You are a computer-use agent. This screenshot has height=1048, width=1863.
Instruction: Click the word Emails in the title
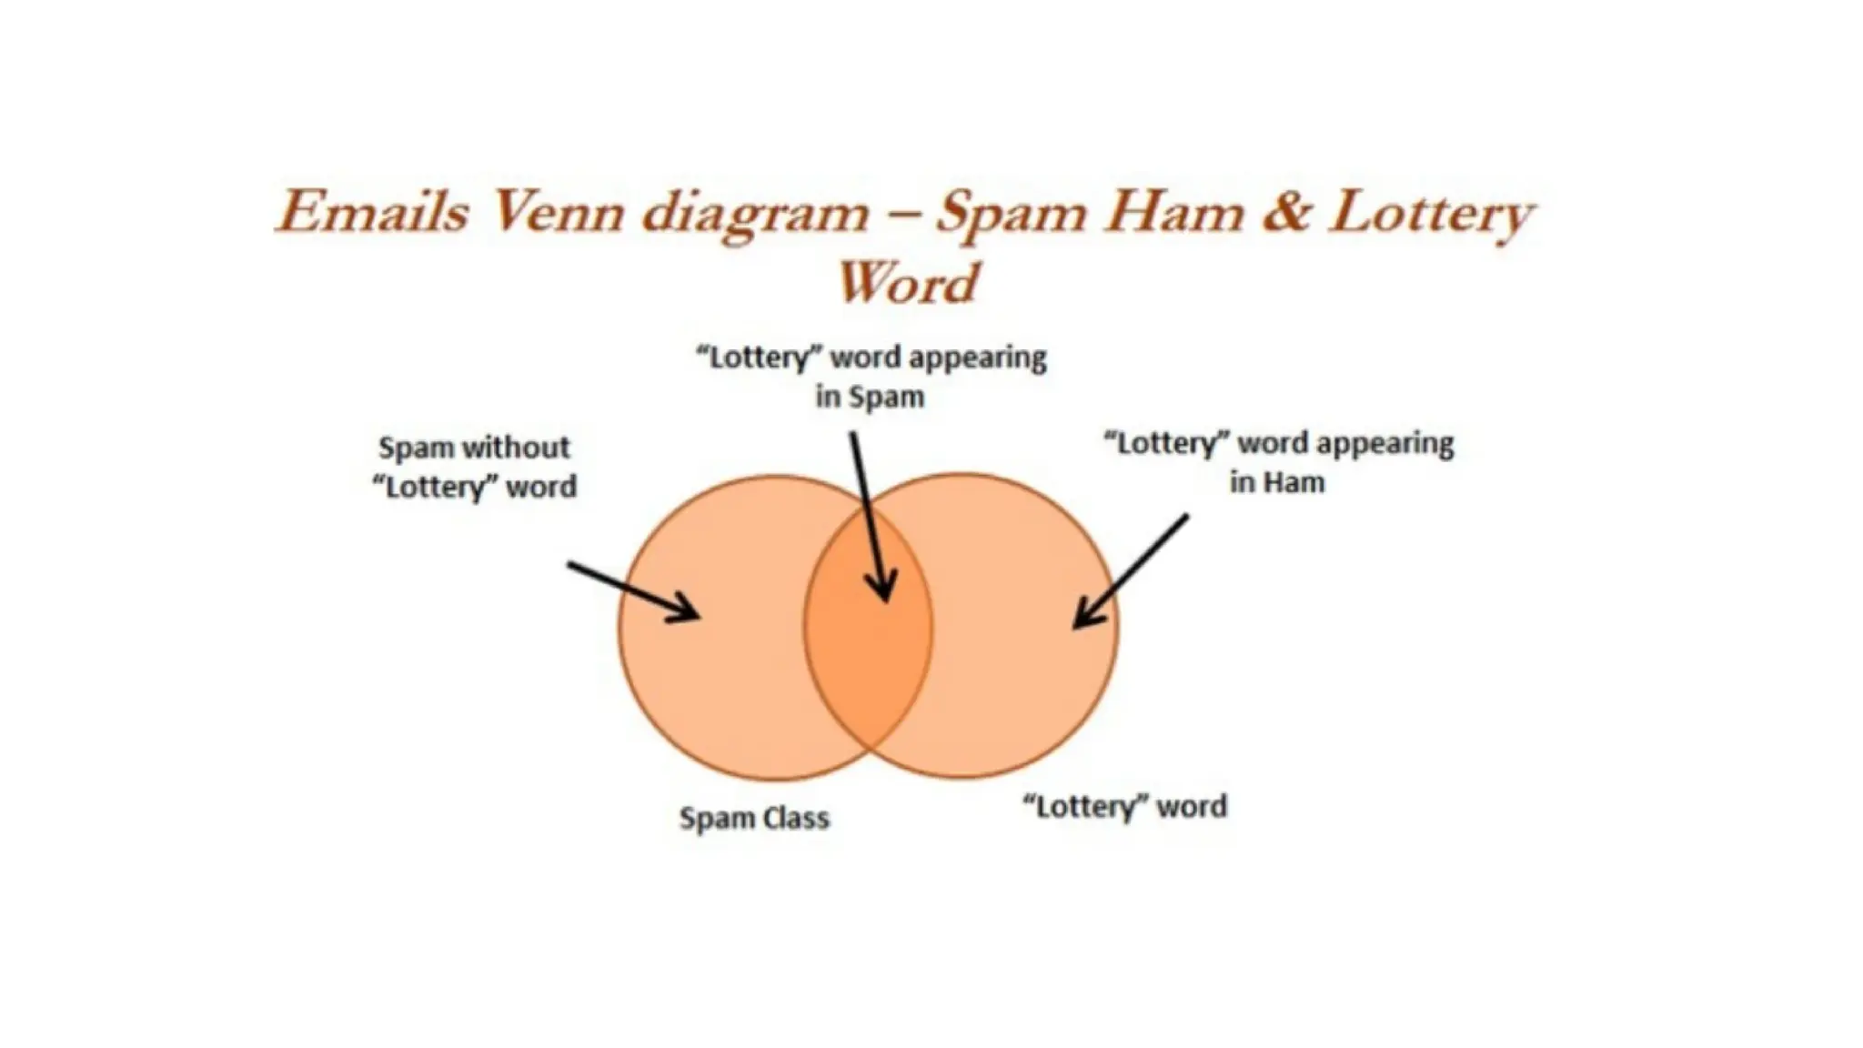pyautogui.click(x=372, y=213)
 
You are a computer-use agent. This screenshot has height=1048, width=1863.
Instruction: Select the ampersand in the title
pyautogui.click(x=1284, y=213)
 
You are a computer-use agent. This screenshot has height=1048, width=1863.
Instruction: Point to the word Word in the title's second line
pyautogui.click(x=907, y=283)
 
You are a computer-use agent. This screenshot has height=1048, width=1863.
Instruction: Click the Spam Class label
pyautogui.click(x=754, y=818)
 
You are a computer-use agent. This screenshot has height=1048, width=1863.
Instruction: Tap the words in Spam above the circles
pyautogui.click(x=870, y=397)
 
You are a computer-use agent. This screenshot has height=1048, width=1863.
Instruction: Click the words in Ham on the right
pyautogui.click(x=1277, y=482)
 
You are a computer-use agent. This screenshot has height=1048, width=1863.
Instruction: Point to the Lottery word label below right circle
pyautogui.click(x=1124, y=806)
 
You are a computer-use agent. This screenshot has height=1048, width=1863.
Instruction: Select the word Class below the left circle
pyautogui.click(x=796, y=818)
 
